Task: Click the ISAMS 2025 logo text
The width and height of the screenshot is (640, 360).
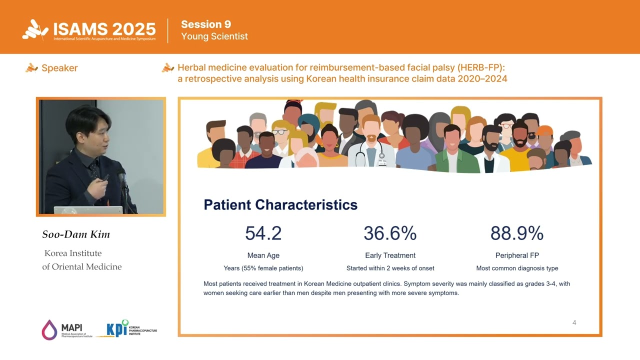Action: [105, 29]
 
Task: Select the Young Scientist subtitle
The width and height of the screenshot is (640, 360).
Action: [214, 36]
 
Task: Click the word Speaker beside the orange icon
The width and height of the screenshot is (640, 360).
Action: [59, 68]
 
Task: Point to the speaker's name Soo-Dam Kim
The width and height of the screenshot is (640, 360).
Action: [76, 234]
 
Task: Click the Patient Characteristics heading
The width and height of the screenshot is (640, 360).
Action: [280, 204]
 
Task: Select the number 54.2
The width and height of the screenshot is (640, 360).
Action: [263, 233]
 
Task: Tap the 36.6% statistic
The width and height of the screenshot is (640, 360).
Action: [390, 233]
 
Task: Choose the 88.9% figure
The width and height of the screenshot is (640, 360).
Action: [516, 233]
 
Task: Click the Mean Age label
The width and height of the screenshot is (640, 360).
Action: [263, 255]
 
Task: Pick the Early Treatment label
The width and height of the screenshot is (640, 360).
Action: [390, 255]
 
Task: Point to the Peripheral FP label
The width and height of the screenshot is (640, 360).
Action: [517, 255]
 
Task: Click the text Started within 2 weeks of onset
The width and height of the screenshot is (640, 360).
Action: [390, 268]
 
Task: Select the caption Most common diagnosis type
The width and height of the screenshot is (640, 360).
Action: [517, 268]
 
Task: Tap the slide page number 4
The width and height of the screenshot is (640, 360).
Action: [574, 322]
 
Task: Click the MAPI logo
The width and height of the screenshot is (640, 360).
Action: [65, 330]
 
